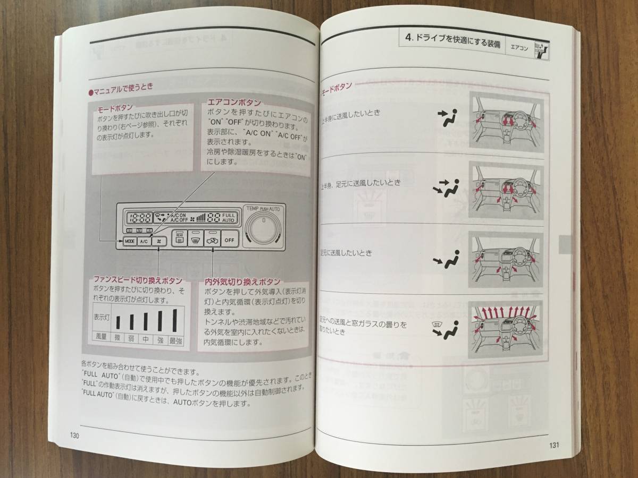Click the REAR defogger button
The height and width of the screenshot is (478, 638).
click(x=179, y=238)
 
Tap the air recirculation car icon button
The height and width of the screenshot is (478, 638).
click(x=212, y=239)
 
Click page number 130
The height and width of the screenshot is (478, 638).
click(x=74, y=436)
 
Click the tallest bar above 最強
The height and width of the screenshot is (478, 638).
click(x=174, y=320)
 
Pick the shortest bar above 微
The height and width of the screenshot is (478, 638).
click(x=118, y=323)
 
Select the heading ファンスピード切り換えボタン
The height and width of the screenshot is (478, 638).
click(x=137, y=280)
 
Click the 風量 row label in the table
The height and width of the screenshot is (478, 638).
click(x=100, y=338)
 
